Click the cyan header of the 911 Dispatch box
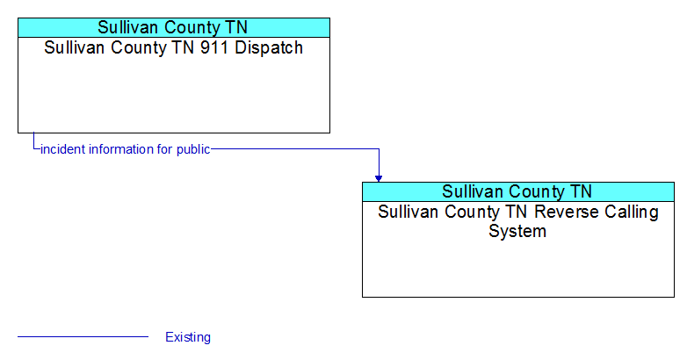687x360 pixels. pos(174,27)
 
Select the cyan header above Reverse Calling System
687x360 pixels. pos(518,191)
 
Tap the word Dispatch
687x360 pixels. pos(269,47)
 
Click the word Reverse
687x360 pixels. pos(566,212)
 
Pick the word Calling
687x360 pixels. pos(632,212)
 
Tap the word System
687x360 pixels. pos(517,231)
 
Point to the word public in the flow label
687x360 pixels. pos(193,150)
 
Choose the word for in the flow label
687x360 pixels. pos(165,149)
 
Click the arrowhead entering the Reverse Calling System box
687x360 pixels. pos(379,178)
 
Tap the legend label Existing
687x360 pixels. pos(188,337)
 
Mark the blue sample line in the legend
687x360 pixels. pos(83,337)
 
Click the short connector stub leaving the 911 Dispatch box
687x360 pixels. pos(33,141)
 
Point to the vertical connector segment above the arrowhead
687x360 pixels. pos(379,162)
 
